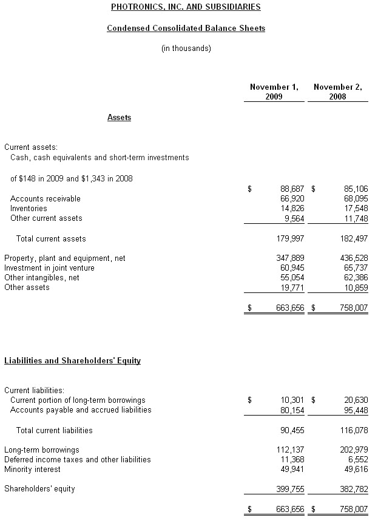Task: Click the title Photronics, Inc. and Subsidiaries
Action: click(x=186, y=7)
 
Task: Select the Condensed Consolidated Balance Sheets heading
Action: click(x=186, y=28)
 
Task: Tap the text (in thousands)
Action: click(x=186, y=49)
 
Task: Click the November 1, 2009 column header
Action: click(x=274, y=92)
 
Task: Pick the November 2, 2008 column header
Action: click(x=337, y=92)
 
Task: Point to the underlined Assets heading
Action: click(x=119, y=117)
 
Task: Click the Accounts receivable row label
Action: click(x=45, y=198)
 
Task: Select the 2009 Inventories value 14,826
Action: click(x=291, y=208)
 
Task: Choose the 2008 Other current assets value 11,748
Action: click(x=354, y=218)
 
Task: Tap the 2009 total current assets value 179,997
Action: click(x=291, y=238)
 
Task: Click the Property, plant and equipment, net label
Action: click(x=64, y=258)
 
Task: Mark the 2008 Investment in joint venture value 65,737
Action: click(x=354, y=268)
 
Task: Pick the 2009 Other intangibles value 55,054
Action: click(x=291, y=277)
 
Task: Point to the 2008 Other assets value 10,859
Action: click(x=354, y=287)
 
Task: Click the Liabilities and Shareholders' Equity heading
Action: click(x=72, y=360)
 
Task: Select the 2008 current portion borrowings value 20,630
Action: click(x=354, y=400)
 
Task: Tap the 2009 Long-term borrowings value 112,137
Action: click(x=291, y=450)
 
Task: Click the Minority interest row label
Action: click(x=32, y=469)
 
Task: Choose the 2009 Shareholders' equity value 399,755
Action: click(x=291, y=488)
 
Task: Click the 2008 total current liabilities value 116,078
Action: click(x=354, y=430)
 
